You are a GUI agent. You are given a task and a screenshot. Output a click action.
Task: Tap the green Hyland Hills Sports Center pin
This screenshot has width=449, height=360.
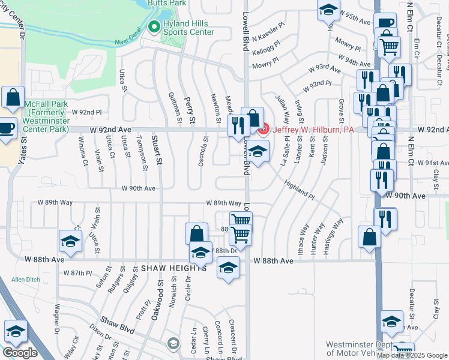(153, 27)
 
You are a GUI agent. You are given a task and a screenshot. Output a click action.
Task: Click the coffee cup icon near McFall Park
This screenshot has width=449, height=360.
(8, 128)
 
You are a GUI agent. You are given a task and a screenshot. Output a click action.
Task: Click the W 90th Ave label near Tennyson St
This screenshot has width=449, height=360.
(139, 188)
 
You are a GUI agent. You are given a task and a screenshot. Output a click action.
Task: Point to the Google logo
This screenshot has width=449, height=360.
(20, 352)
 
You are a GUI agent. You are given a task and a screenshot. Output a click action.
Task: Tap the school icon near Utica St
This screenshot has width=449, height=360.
(70, 242)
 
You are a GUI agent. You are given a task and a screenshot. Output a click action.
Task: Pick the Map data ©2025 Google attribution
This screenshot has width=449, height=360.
(412, 355)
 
